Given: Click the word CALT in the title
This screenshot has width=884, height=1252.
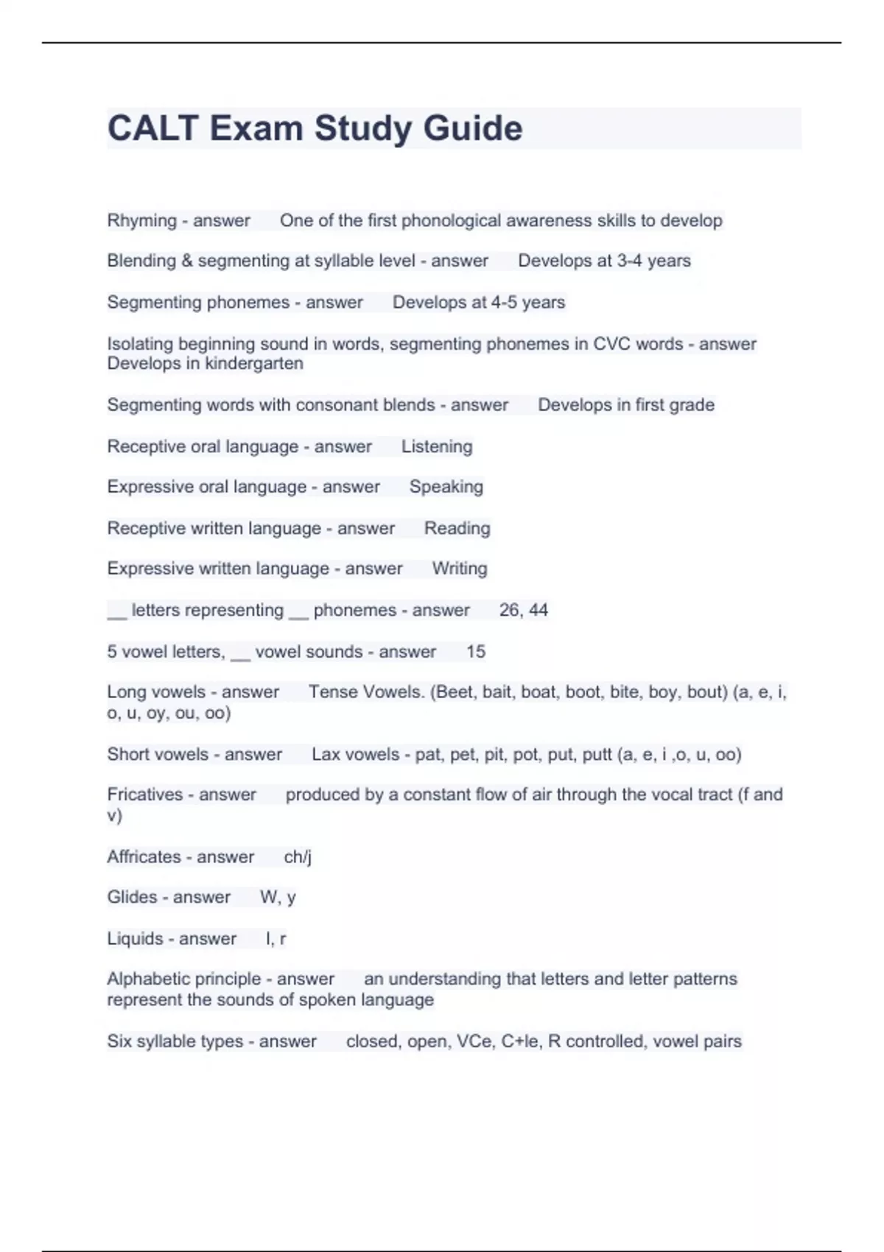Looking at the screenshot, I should (152, 129).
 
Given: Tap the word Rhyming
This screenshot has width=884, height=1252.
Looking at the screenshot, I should (141, 221).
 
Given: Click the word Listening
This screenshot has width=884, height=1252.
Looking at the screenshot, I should (437, 447).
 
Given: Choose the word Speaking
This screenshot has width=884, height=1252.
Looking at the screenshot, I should (446, 487).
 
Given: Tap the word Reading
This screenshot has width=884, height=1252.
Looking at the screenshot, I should (457, 529).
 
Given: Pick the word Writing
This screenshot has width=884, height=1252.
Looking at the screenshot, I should (460, 569).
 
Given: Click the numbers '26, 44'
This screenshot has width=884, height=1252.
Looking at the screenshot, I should (523, 611).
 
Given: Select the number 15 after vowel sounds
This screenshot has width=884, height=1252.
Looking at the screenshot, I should (476, 652).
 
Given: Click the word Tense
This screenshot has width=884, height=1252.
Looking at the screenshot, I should (333, 692).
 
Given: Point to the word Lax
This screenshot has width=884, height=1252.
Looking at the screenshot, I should (325, 755).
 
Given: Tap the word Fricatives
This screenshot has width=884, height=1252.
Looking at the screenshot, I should (145, 795).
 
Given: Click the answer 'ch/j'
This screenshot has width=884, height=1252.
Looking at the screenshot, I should (298, 857).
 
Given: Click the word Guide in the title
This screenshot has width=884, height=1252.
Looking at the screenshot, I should (472, 129).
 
